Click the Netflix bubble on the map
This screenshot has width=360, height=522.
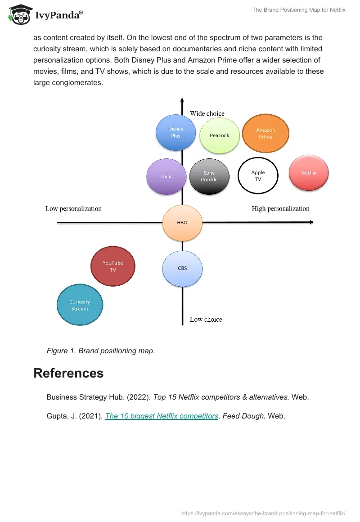click(x=309, y=173)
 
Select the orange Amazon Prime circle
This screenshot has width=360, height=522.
click(x=265, y=134)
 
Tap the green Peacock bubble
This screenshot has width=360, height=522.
click(x=220, y=135)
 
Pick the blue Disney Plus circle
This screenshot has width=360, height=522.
click(x=176, y=132)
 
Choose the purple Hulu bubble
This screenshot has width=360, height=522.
click(x=166, y=176)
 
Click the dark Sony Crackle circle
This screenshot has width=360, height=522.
click(x=209, y=176)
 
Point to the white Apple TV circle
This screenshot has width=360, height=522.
click(x=258, y=175)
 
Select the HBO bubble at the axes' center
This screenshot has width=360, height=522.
click(x=182, y=222)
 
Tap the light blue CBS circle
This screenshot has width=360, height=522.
click(x=182, y=269)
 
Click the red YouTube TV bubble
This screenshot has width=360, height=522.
click(x=113, y=266)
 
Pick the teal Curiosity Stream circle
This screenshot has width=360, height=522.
click(x=80, y=305)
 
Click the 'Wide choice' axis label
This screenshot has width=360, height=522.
click(x=207, y=113)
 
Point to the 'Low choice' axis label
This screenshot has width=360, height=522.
click(x=206, y=319)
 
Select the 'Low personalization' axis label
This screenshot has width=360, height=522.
click(x=73, y=209)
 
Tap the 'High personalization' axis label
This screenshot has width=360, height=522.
click(x=280, y=209)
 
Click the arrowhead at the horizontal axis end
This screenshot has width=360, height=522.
click(x=311, y=222)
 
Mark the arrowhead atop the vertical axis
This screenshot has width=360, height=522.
click(x=182, y=100)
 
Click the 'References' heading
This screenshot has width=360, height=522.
click(x=68, y=373)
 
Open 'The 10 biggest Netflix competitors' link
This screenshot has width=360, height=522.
click(x=162, y=416)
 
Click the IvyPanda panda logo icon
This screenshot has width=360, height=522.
click(x=19, y=14)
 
